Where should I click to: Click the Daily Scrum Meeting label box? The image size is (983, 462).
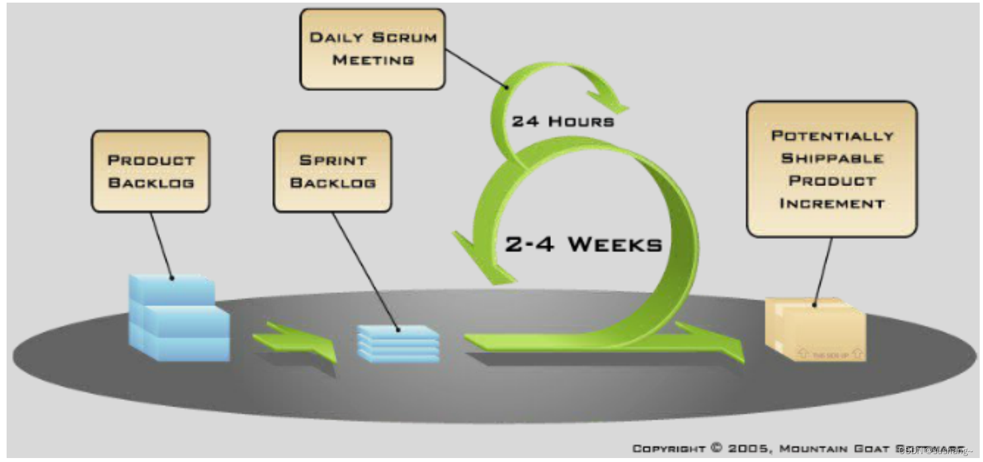(x=373, y=49)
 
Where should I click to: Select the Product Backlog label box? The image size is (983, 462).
(x=151, y=171)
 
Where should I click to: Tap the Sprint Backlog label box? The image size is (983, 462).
(x=332, y=171)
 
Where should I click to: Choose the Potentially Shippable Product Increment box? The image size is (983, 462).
(x=832, y=169)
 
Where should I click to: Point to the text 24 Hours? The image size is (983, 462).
(x=563, y=122)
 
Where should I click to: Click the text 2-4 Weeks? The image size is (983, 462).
(x=583, y=245)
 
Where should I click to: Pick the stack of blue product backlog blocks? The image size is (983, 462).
(x=178, y=319)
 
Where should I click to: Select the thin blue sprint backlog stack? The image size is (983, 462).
(x=398, y=344)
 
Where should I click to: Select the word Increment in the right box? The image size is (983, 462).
(x=832, y=203)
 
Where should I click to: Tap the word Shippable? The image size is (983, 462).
(x=832, y=158)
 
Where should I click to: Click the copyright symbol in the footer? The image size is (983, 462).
(x=717, y=448)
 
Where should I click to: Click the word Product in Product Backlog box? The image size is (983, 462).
(x=151, y=160)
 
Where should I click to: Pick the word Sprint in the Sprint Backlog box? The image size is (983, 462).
(x=333, y=160)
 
